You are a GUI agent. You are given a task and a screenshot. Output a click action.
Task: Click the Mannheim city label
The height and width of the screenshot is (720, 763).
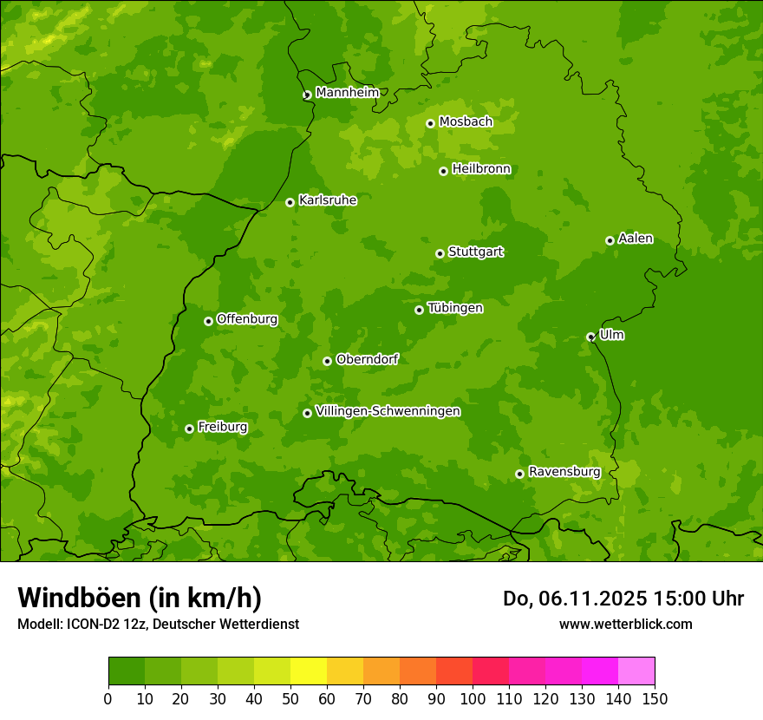(347, 93)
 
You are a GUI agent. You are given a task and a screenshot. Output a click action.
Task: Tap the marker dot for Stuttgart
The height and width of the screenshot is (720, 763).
(440, 253)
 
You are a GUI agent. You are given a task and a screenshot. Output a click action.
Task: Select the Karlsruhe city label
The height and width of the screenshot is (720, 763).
(328, 200)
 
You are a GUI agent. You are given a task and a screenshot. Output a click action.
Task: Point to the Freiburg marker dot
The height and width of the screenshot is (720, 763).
(189, 429)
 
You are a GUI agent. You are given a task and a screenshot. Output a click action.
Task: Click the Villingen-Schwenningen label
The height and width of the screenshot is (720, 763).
(388, 411)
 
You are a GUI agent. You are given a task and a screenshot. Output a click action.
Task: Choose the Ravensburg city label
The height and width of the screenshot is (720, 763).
(564, 472)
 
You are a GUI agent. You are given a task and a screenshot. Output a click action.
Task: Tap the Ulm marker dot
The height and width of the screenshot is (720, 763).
(590, 337)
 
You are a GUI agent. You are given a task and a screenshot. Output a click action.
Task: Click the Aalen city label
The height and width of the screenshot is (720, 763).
(636, 239)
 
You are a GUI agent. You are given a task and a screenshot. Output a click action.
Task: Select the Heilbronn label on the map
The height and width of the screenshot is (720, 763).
(481, 169)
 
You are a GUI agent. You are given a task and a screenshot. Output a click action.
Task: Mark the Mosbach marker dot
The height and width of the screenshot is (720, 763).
(430, 123)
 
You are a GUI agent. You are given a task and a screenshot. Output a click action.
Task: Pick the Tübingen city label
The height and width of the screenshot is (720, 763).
(455, 308)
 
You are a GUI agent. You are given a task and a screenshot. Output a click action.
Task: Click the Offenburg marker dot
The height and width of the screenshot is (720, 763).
(208, 321)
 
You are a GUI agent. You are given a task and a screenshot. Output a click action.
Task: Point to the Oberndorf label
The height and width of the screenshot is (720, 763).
(367, 359)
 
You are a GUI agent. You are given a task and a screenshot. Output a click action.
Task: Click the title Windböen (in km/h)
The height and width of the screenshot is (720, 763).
(140, 598)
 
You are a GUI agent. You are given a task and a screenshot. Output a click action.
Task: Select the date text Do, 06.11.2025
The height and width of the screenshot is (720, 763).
(575, 599)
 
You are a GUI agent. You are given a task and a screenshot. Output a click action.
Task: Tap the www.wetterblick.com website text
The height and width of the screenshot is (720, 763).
(625, 624)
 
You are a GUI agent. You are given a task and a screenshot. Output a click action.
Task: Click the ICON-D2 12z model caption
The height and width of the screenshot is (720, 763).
(158, 624)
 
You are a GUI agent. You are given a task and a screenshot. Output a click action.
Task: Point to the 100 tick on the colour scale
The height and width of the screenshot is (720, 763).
(473, 698)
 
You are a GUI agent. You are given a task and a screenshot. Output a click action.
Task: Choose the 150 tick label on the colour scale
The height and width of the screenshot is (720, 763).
(655, 698)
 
